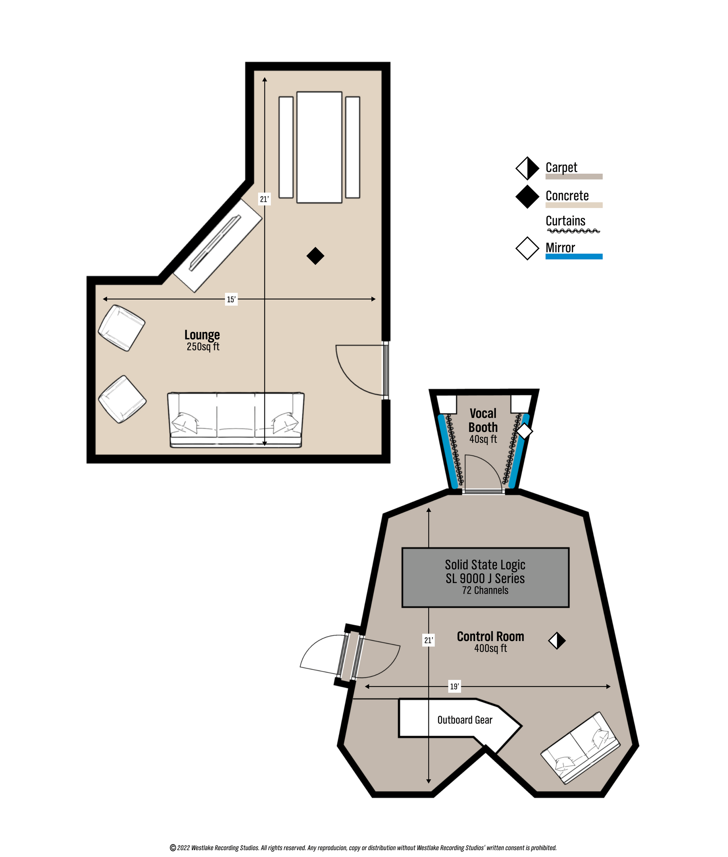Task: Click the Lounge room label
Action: pos(202,335)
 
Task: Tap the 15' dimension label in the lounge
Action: pos(231,299)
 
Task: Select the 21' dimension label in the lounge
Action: pos(264,199)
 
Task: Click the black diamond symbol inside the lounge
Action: pos(315,256)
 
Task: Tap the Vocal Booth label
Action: pos(483,420)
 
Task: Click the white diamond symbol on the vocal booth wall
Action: pos(525,431)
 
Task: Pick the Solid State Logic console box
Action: pos(485,577)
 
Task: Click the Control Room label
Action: pos(490,636)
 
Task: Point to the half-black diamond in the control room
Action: pos(557,641)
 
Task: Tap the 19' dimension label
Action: pos(454,687)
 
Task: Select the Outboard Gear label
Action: pos(465,720)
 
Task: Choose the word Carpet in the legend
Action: pos(561,167)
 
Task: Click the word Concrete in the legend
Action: pos(567,196)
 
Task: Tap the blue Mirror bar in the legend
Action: pos(574,256)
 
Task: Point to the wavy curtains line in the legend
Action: pos(574,231)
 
